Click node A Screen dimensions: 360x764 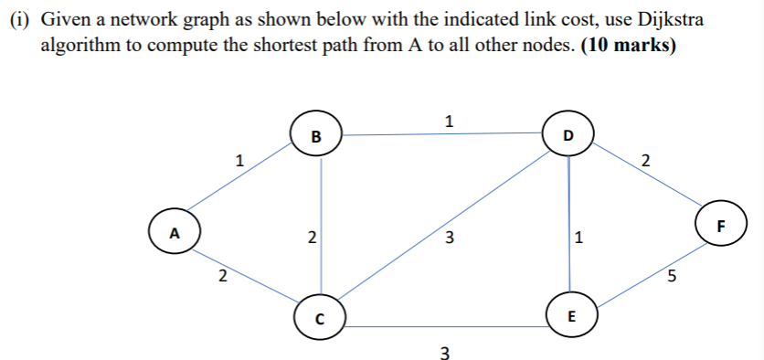[x=176, y=231]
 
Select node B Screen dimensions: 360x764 [x=316, y=136]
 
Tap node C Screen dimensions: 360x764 [x=319, y=317]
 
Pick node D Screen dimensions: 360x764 [x=568, y=135]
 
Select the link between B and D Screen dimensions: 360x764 [x=442, y=136]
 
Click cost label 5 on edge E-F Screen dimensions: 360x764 [x=673, y=279]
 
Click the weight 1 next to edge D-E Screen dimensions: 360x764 [x=579, y=239]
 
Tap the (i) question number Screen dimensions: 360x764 [x=20, y=20]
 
